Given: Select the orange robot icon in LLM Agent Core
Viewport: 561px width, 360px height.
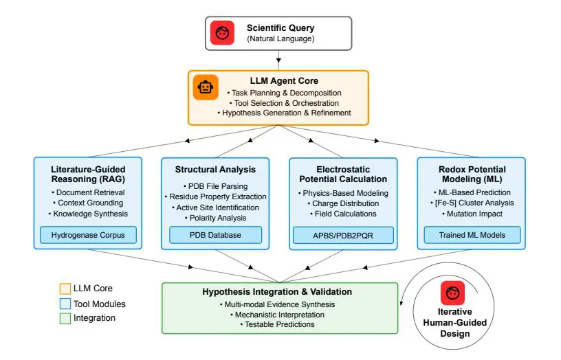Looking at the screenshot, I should coord(205,87).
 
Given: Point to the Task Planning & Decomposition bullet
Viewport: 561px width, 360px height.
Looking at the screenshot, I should coord(284,93).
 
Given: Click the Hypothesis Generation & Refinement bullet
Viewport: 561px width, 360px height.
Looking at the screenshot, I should coord(284,113).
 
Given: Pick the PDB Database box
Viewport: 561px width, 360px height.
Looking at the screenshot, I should coord(215,236).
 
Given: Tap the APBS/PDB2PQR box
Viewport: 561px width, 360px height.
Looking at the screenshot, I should coord(343,236).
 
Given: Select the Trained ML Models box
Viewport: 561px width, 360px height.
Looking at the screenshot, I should coord(471,236).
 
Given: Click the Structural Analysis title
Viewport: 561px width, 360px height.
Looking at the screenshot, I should coord(215,169).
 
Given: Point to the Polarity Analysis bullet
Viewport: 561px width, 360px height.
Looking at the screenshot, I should coord(215,217).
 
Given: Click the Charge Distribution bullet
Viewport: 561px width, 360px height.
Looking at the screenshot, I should coord(343,203).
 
